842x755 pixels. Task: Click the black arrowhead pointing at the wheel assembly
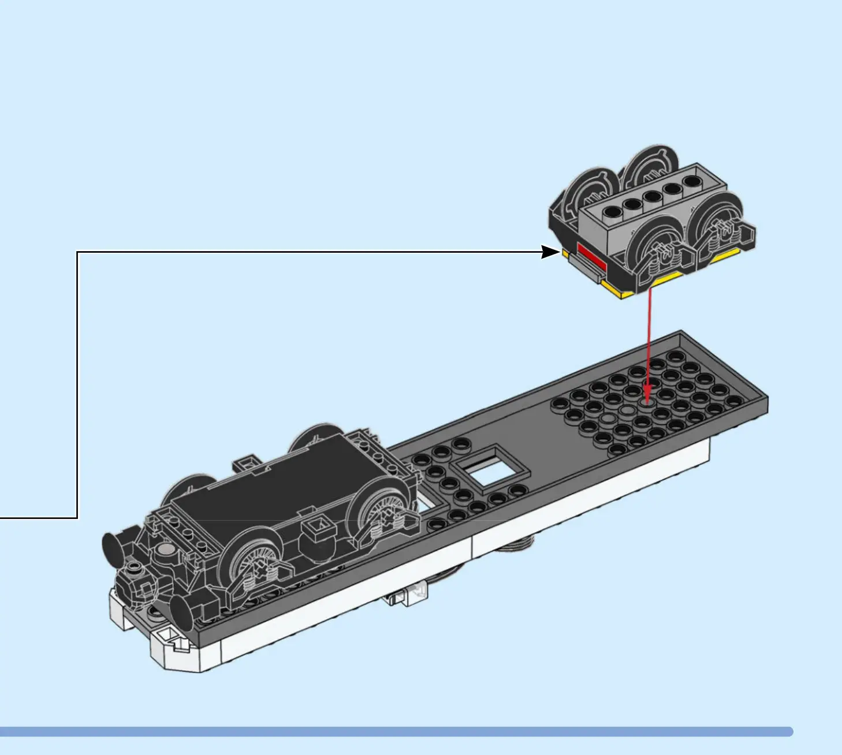click(550, 252)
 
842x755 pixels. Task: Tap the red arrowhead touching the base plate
click(647, 398)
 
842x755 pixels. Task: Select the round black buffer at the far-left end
click(111, 545)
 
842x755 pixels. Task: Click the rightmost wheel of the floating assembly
click(716, 225)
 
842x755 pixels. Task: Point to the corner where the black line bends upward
click(77, 518)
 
